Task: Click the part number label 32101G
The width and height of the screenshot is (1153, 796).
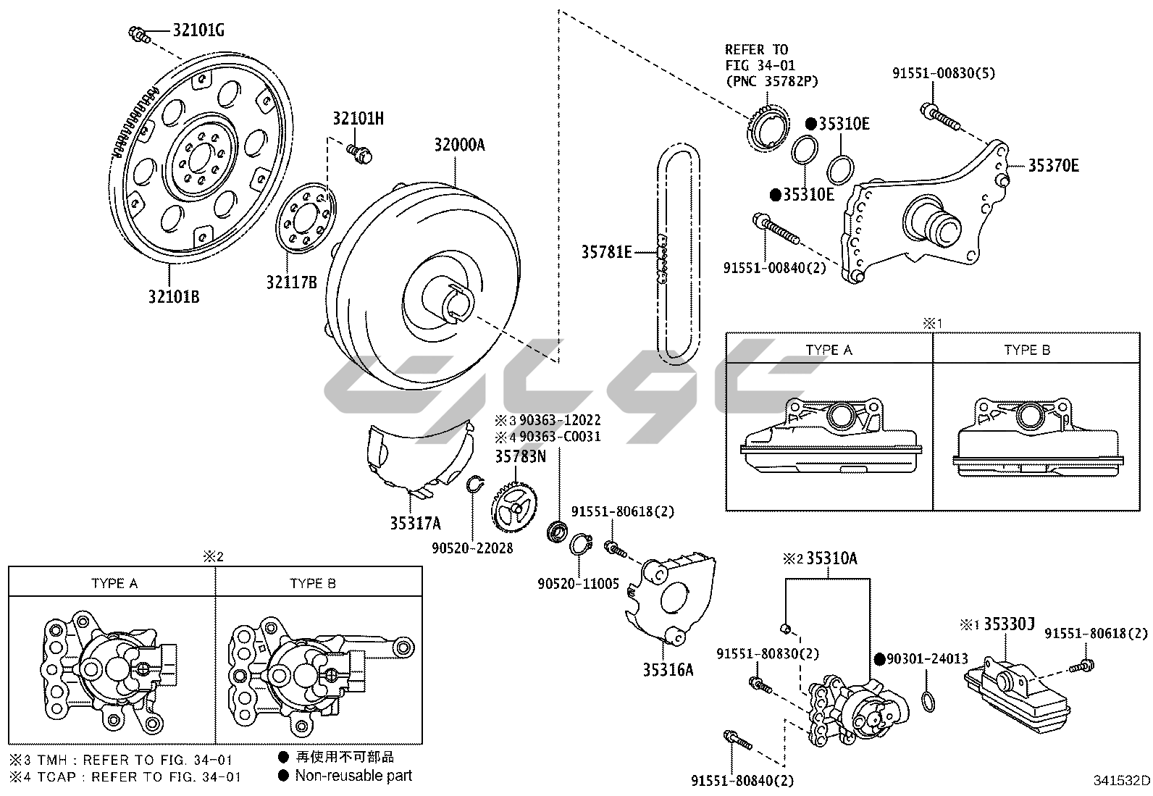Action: pyautogui.click(x=198, y=30)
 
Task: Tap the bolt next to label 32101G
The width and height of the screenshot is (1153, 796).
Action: pyautogui.click(x=139, y=33)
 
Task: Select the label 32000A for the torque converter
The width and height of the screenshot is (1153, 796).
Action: pyautogui.click(x=459, y=145)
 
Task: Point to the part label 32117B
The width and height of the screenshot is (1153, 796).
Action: pyautogui.click(x=291, y=282)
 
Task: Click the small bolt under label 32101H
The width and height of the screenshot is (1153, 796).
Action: pyautogui.click(x=359, y=152)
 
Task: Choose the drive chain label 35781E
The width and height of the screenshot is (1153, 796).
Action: pyautogui.click(x=606, y=252)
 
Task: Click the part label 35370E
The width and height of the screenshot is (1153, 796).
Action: pyautogui.click(x=1053, y=166)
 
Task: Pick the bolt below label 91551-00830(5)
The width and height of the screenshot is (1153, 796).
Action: pyautogui.click(x=939, y=117)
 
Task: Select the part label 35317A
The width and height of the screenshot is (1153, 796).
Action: pyautogui.click(x=415, y=523)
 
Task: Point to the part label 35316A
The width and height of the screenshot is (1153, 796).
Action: pyautogui.click(x=668, y=670)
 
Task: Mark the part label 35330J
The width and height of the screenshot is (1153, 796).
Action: pyautogui.click(x=1008, y=624)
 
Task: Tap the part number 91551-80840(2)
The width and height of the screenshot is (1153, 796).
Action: pyautogui.click(x=742, y=780)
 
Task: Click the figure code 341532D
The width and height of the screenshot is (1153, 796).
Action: pyautogui.click(x=1121, y=781)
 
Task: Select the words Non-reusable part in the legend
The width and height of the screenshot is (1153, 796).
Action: pyautogui.click(x=353, y=776)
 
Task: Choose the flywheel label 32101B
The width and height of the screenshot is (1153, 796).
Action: pyautogui.click(x=174, y=297)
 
